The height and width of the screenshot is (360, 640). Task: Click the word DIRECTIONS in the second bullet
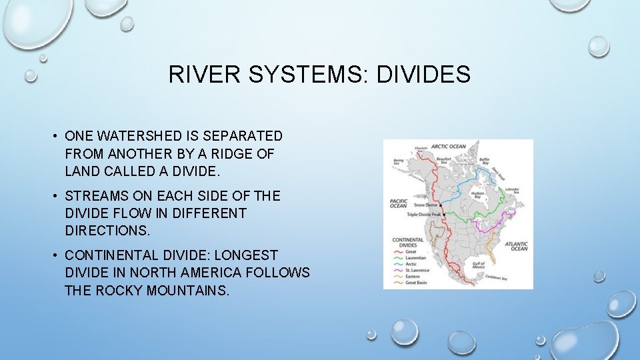coord(107,231)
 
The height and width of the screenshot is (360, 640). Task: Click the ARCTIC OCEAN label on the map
coord(448,146)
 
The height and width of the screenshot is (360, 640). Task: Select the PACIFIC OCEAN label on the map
coord(398,203)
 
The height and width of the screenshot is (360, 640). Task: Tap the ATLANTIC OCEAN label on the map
coord(516,246)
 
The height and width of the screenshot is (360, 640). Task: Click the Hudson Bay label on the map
coord(477,195)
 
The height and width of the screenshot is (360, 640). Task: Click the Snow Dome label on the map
coord(424,205)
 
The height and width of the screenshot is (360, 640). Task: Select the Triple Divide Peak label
coord(424,215)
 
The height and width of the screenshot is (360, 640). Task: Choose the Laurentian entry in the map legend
coord(418,257)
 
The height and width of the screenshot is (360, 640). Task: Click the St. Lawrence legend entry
coord(419,270)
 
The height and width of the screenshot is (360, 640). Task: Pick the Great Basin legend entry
coord(419,283)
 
